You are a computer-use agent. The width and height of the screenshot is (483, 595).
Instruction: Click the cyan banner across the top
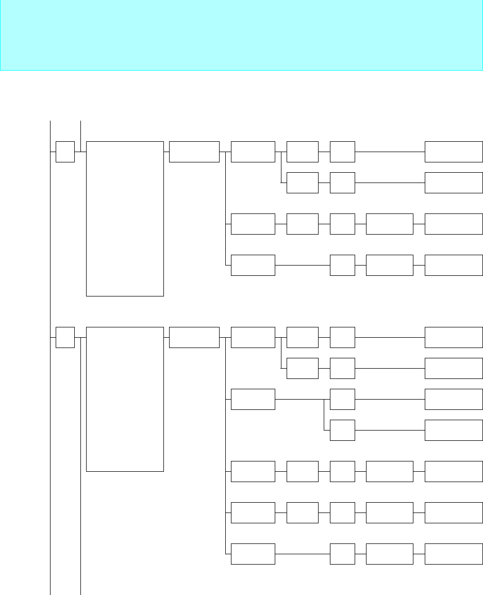coord(241,35)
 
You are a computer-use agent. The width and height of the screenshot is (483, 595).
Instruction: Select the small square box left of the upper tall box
coord(65,152)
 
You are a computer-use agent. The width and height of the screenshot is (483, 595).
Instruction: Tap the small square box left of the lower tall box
coord(65,337)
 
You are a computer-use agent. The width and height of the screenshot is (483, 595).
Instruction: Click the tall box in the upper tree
coord(125,219)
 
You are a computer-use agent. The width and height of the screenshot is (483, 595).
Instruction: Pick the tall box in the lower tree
coord(125,399)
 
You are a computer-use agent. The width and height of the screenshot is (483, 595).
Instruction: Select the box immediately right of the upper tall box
coord(194,152)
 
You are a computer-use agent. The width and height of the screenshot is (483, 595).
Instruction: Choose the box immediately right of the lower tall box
coord(194,337)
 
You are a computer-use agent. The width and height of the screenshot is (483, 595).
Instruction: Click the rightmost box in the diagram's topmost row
coord(454,152)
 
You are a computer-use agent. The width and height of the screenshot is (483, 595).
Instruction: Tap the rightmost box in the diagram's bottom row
coord(454,553)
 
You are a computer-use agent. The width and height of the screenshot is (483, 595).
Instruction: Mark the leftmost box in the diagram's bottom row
coord(253,553)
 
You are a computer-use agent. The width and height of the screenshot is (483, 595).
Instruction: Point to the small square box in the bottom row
coord(342,553)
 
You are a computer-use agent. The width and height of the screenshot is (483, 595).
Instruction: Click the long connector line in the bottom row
coord(302,553)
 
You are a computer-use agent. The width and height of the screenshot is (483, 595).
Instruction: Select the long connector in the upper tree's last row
coord(302,265)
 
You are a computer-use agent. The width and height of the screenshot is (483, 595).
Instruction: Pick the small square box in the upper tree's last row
coord(342,265)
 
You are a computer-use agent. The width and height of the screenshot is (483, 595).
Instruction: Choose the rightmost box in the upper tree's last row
coord(454,265)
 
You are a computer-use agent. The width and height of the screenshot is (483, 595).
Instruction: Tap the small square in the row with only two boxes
coord(342,430)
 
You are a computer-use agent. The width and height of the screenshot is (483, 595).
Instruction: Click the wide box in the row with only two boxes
coord(454,430)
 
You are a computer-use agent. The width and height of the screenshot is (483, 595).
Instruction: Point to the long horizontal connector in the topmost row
coord(390,152)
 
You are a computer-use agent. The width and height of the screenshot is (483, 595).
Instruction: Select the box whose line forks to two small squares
coord(253,399)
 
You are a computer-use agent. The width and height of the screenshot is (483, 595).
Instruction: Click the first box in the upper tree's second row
coord(302,183)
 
